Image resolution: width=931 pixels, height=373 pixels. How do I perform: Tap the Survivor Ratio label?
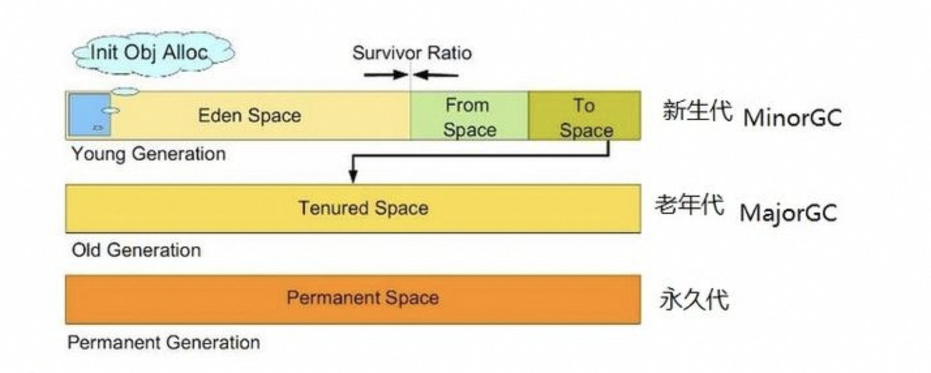coord(411,53)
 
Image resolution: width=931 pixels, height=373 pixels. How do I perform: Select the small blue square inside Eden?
coord(89,115)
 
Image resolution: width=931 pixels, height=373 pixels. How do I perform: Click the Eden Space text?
coord(250,116)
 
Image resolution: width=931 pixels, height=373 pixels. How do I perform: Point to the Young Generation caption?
coord(149,155)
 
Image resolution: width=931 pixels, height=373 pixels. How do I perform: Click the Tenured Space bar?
coord(353,209)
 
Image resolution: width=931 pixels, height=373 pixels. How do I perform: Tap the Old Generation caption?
coord(136,250)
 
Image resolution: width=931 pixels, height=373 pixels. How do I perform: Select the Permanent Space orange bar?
coord(353,299)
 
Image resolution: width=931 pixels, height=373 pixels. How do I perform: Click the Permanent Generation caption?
coord(164,342)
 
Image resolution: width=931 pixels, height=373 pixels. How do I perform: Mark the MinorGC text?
coord(792,118)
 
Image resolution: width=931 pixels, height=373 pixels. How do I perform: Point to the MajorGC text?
coord(788,213)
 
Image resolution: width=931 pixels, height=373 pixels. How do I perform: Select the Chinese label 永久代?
coord(693,301)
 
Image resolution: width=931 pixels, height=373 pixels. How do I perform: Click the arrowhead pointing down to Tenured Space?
coord(353,176)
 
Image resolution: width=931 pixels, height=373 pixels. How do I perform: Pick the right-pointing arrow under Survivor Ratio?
coord(385,74)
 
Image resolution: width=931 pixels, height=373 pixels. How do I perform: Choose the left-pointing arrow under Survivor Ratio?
coord(436,74)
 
